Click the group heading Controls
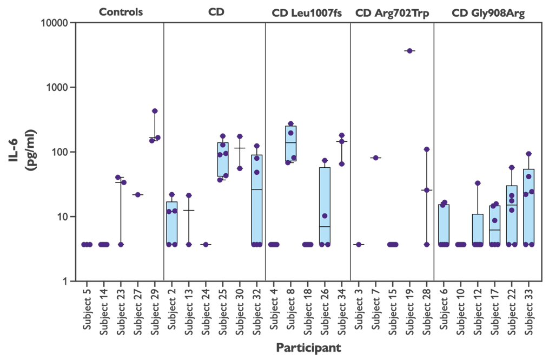(x=121, y=12)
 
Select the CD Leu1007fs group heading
(x=307, y=13)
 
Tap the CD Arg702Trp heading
(x=392, y=13)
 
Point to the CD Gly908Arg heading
(x=488, y=13)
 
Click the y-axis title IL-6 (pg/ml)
(x=23, y=150)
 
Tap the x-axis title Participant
(x=308, y=348)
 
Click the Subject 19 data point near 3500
(x=409, y=51)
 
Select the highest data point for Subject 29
(x=155, y=111)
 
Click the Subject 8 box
(x=290, y=143)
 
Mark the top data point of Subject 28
(x=426, y=149)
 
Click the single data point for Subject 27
(x=137, y=194)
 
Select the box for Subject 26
(x=325, y=206)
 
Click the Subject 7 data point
(x=375, y=158)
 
